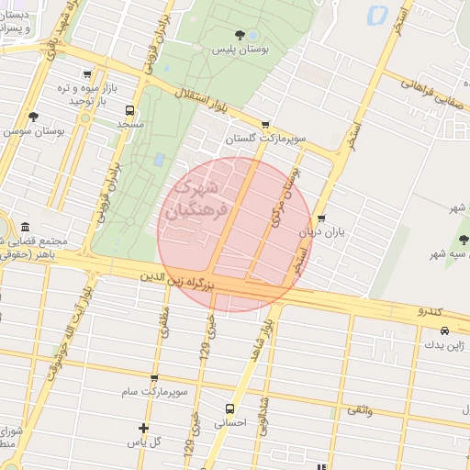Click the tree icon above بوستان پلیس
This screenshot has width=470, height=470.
(241, 35)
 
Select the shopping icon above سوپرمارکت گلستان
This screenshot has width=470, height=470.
(265, 126)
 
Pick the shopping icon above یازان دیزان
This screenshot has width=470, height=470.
(320, 218)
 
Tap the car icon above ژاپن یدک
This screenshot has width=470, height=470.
(444, 330)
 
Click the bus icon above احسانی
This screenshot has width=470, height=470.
(229, 408)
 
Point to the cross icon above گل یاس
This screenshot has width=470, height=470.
(143, 428)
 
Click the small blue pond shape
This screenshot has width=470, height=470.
(376, 15)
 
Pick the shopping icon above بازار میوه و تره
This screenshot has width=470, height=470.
(86, 74)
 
